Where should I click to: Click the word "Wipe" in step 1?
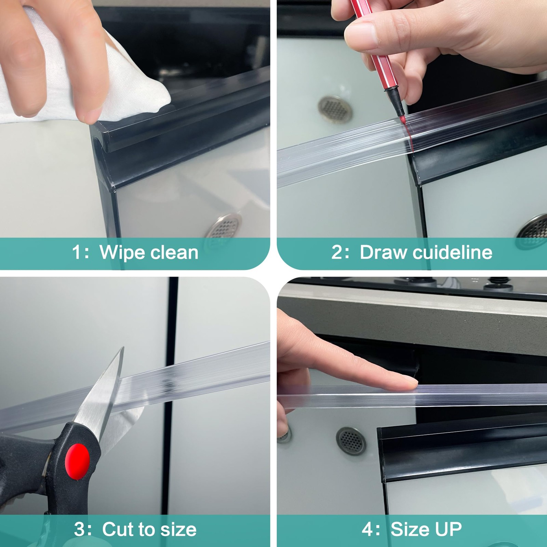coord(122,253)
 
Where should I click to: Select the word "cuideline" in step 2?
coord(453,253)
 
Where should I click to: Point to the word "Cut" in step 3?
coord(118,530)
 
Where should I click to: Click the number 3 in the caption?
coord(80,530)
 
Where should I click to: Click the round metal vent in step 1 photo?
coord(223,227)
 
